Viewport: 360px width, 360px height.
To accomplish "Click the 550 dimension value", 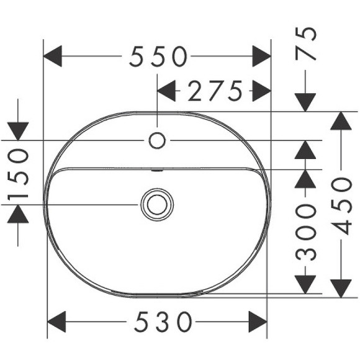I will point(158,58).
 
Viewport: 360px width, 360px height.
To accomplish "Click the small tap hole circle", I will point(158,140).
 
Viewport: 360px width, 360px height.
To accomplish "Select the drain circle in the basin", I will point(157,204).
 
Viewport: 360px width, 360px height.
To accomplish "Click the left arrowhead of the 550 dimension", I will point(55,58).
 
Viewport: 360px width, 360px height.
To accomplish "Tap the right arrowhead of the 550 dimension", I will point(261,58).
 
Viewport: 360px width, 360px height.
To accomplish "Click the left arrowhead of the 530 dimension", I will point(58,323).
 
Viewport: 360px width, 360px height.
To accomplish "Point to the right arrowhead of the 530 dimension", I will point(257,323).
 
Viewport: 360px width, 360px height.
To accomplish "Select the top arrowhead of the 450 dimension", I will point(340,122).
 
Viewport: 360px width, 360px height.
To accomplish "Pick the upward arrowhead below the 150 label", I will point(19,215).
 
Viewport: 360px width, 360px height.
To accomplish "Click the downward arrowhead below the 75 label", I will point(305,101).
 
